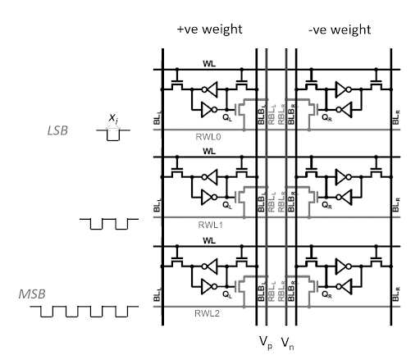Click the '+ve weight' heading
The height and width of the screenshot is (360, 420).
210,30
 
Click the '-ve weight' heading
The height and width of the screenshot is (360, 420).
340,30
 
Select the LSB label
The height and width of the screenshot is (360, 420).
57,130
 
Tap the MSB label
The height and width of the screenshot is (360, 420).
32,294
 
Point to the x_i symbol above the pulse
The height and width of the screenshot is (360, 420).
113,118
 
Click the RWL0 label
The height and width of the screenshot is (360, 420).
208,137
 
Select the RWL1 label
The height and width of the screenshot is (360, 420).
210,225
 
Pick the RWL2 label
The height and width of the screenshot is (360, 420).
207,313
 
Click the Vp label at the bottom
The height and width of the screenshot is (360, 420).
266,343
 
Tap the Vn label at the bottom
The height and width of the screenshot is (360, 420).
288,343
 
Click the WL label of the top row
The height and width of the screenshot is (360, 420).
209,64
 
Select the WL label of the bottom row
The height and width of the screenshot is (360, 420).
209,240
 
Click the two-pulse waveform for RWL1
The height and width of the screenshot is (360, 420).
109,224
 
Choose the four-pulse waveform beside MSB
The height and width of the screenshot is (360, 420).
84,312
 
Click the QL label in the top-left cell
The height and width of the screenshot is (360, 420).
227,117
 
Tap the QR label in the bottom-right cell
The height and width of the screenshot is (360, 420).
326,294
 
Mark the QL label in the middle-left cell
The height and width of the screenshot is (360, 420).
227,205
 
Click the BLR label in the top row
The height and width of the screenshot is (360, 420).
396,117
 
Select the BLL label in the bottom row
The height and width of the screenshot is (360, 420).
157,294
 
